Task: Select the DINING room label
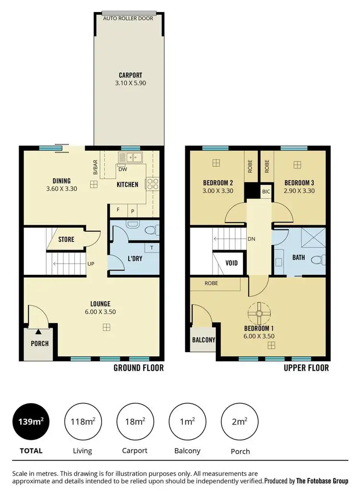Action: pos(61,181)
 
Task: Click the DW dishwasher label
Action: pos(122,169)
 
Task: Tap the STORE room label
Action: pos(66,239)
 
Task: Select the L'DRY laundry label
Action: pos(134,259)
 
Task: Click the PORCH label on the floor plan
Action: pos(39,344)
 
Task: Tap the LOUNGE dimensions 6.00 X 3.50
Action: pos(100,312)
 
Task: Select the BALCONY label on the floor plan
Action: pos(204,340)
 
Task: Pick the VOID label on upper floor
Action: pos(231,263)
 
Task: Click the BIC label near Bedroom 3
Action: pos(266,191)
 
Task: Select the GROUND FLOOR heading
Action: pos(138,368)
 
